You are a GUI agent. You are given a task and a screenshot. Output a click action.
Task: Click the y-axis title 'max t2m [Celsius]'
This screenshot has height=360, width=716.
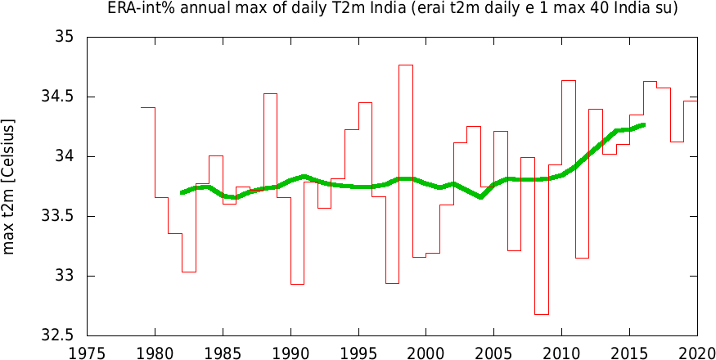point(10,187)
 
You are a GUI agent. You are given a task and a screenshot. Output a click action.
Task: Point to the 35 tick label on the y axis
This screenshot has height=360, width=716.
point(65,38)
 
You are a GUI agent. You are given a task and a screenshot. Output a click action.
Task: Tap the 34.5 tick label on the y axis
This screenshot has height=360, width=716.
point(58,97)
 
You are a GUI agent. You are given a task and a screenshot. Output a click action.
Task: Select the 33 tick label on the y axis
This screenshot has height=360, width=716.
point(65,276)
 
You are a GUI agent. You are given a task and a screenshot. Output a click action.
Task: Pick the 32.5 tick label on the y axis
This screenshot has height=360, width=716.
point(58,335)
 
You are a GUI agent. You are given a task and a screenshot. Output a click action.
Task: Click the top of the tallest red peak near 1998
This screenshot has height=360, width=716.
point(406,65)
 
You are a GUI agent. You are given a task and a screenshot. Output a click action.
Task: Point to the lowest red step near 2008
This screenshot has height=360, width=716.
point(541,314)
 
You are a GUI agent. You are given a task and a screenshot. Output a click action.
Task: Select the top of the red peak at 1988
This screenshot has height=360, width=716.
point(270,94)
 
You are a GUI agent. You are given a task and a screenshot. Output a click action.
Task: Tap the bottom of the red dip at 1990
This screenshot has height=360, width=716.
point(297,284)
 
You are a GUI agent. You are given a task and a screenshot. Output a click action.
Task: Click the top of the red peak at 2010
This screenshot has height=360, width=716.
point(568,81)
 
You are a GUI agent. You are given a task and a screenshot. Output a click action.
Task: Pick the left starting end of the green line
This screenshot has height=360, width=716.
point(182,192)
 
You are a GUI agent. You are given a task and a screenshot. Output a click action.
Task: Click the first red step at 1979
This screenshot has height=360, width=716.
point(148,107)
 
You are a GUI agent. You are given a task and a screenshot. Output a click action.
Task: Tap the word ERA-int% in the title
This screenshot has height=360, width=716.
point(134,9)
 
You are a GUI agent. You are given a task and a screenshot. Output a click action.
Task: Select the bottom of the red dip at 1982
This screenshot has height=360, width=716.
point(188,272)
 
